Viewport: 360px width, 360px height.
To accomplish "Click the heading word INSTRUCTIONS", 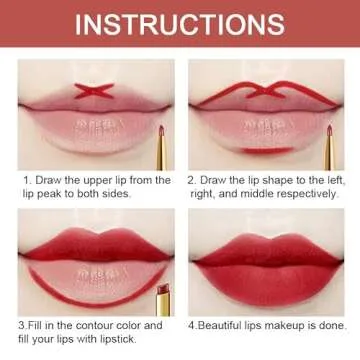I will coord(180,22).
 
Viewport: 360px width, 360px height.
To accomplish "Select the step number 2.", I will coord(191,180).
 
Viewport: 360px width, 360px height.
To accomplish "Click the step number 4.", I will coord(191,325).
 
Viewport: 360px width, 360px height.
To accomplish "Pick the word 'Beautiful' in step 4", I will coord(223,325).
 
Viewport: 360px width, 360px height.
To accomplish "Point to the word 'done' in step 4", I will coord(331,325).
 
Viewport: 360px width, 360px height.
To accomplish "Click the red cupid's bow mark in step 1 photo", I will coord(83,77).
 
